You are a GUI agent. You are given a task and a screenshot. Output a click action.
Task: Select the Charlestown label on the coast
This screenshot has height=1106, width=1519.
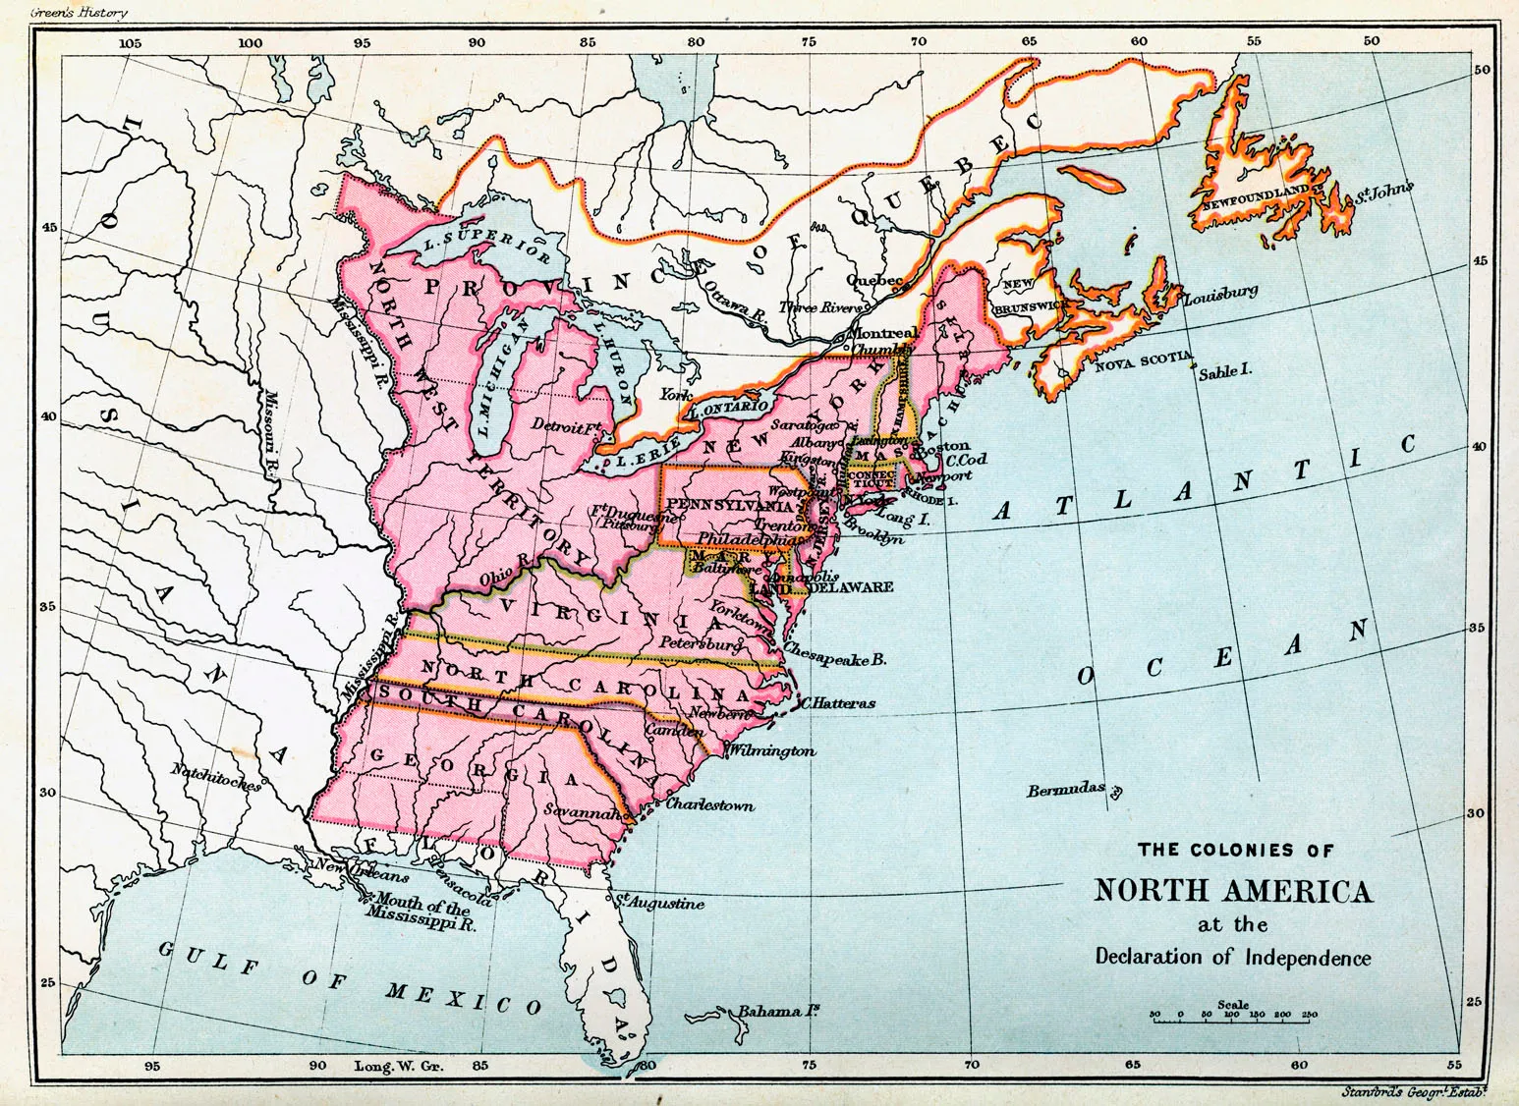pyautogui.click(x=709, y=804)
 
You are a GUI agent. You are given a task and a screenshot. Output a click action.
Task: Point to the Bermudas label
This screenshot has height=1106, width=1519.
pyautogui.click(x=1067, y=790)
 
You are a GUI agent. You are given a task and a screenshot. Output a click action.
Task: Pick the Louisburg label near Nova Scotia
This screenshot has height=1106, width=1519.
pyautogui.click(x=1221, y=294)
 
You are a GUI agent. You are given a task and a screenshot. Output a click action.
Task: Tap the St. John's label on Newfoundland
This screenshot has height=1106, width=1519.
pyautogui.click(x=1383, y=191)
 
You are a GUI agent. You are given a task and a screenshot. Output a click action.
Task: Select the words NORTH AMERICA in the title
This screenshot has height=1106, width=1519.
pyautogui.click(x=1233, y=891)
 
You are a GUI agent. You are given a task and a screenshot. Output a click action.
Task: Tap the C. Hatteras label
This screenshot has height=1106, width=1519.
pyautogui.click(x=837, y=703)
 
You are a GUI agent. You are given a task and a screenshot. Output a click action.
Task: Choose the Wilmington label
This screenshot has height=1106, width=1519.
pyautogui.click(x=772, y=750)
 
